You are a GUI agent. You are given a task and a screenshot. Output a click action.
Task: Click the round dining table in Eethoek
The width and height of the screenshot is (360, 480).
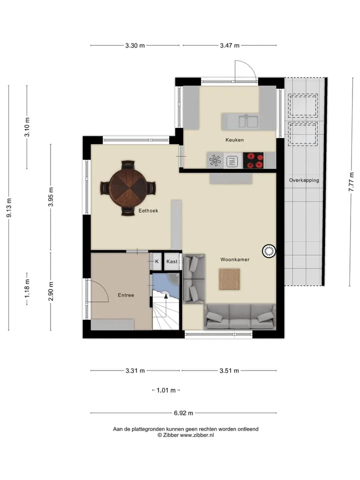(128, 187)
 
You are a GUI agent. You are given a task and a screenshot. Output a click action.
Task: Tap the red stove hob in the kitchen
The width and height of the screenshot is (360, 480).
(253, 160)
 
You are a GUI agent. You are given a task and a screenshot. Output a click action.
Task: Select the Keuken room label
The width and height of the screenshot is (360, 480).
(234, 140)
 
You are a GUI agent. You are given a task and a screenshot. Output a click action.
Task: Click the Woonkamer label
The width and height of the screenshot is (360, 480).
(235, 259)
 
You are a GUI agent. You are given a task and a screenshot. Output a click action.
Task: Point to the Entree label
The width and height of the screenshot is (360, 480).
(126, 295)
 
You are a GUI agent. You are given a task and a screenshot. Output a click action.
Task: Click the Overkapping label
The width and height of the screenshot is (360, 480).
(304, 180)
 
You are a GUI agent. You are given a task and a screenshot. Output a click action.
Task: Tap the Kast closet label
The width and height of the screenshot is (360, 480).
(171, 261)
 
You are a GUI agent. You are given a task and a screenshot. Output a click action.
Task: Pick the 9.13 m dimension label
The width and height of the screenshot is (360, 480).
(9, 208)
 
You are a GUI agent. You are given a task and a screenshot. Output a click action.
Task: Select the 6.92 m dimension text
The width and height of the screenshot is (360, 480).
(183, 413)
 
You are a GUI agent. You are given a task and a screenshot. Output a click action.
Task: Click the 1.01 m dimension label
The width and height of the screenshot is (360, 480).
(166, 390)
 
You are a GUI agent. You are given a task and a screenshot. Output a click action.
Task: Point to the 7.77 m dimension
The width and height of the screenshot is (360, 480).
(351, 182)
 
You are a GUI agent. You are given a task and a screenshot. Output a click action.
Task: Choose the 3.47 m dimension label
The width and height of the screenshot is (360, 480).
(229, 45)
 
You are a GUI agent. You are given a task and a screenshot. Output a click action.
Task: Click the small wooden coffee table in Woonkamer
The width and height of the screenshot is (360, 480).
(229, 279)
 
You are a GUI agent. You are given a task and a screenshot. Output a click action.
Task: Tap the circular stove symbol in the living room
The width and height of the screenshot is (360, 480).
(269, 251)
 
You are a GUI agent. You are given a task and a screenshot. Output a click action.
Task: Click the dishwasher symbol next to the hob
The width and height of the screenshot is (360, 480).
(231, 161)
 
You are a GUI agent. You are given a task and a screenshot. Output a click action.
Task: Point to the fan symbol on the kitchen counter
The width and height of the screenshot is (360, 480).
(215, 160)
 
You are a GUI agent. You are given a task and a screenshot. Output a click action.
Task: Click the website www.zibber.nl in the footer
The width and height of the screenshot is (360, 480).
(197, 435)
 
